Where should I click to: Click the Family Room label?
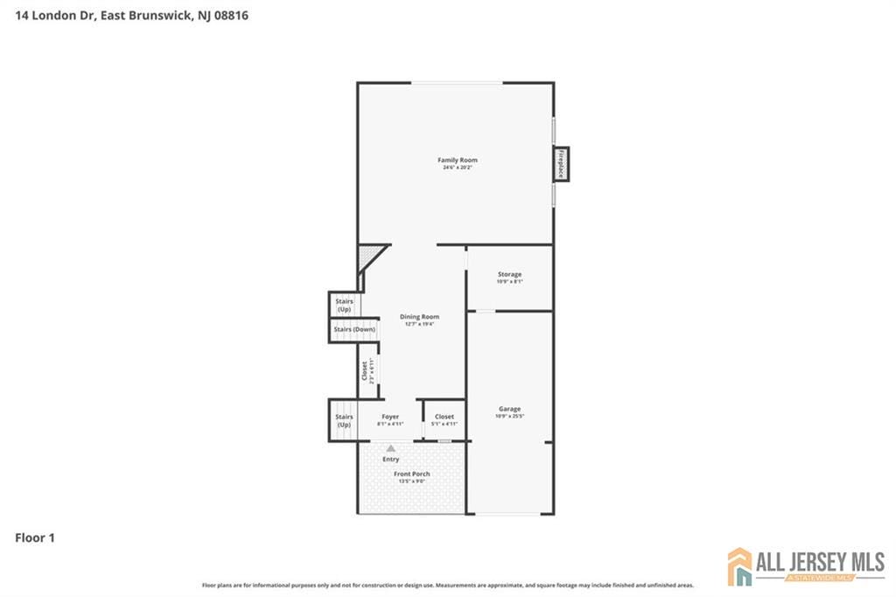point(458,160)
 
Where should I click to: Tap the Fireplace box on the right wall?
point(560,164)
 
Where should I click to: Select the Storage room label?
point(509,275)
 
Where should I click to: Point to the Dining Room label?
point(419,317)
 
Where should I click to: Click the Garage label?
point(509,409)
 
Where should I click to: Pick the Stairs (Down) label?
point(353,329)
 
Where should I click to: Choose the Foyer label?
point(390,417)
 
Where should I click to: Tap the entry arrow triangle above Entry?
point(390,447)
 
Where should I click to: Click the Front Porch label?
point(411,474)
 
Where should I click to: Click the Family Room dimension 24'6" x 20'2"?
point(458,168)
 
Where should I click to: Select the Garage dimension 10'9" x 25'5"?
point(509,417)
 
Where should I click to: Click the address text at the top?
point(131,15)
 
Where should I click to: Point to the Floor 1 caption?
point(35,538)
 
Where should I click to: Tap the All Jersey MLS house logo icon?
point(740,566)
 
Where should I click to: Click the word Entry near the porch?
point(390,459)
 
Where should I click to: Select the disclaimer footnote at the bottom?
point(448,585)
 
